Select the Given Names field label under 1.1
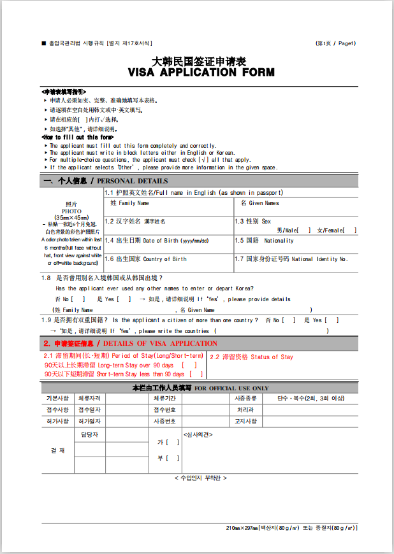[x=259, y=203]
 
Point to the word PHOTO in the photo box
[x=71, y=211]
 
